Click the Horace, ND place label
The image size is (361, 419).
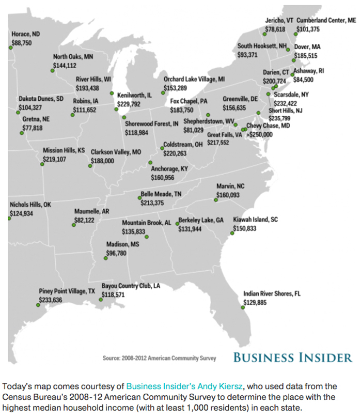26,34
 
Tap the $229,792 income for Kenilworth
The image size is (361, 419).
129,104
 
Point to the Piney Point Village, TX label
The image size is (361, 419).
67,291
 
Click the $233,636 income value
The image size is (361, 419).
51,300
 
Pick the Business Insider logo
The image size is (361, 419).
293,357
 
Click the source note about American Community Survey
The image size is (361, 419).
160,358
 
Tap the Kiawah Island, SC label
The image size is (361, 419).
256,220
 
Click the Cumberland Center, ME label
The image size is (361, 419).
326,20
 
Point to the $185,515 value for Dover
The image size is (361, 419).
306,55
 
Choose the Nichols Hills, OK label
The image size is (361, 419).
31,205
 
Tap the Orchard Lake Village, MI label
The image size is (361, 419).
194,79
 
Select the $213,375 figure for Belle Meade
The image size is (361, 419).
152,203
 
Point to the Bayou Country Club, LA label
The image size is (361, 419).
131,286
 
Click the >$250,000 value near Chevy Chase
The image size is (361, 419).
260,134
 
